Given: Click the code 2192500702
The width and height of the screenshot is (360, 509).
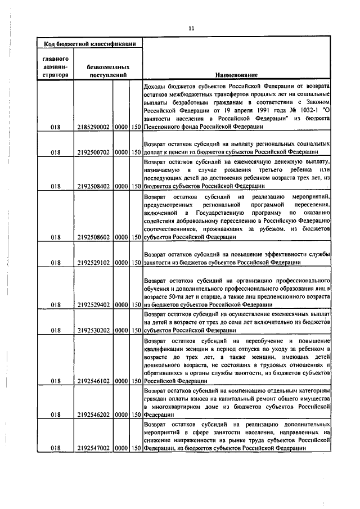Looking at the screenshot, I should [94, 152].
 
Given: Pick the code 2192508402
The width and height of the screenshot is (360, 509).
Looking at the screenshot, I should [94, 186].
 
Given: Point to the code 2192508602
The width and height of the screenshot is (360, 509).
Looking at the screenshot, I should [94, 237].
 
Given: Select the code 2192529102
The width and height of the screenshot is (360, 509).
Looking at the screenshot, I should [94, 262].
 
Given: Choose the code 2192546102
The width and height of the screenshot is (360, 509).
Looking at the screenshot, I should [94, 381].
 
